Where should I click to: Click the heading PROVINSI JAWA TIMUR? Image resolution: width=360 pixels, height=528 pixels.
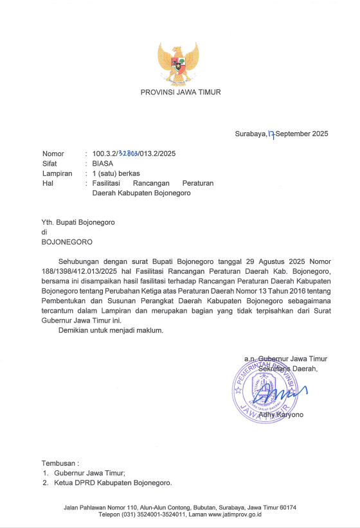pos(181,92)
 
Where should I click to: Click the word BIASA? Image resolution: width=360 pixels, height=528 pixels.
pos(103,164)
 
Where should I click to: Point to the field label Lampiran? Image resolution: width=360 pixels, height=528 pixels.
pos(57,173)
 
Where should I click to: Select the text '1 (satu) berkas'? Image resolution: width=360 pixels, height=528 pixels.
pos(116,173)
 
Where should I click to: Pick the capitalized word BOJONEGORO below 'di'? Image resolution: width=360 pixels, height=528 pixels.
pos(67,242)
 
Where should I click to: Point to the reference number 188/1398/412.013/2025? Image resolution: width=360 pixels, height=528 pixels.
pos(80,272)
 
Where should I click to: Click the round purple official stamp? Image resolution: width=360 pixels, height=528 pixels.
pos(265,388)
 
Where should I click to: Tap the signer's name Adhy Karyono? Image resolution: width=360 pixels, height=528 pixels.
pos(280,415)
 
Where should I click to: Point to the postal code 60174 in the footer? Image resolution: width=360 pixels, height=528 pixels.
pos(287,507)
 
